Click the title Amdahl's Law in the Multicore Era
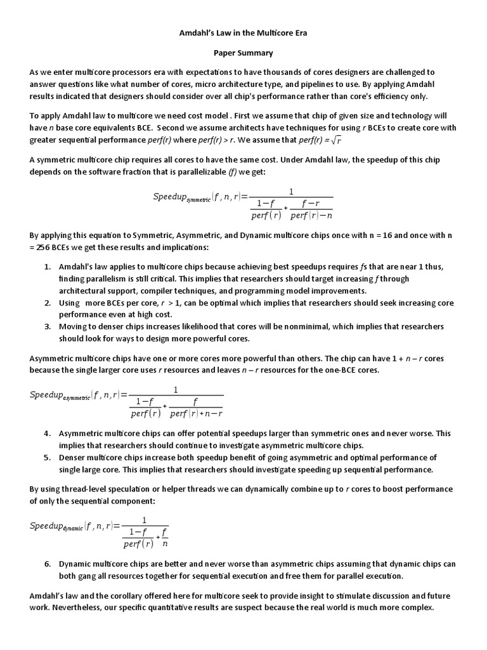(243, 32)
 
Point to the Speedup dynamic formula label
(56, 526)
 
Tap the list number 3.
(48, 326)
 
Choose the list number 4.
(48, 434)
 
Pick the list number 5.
(48, 458)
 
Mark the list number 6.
(48, 564)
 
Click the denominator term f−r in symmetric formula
(310, 204)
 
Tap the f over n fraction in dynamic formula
(165, 538)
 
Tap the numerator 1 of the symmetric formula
(291, 192)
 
